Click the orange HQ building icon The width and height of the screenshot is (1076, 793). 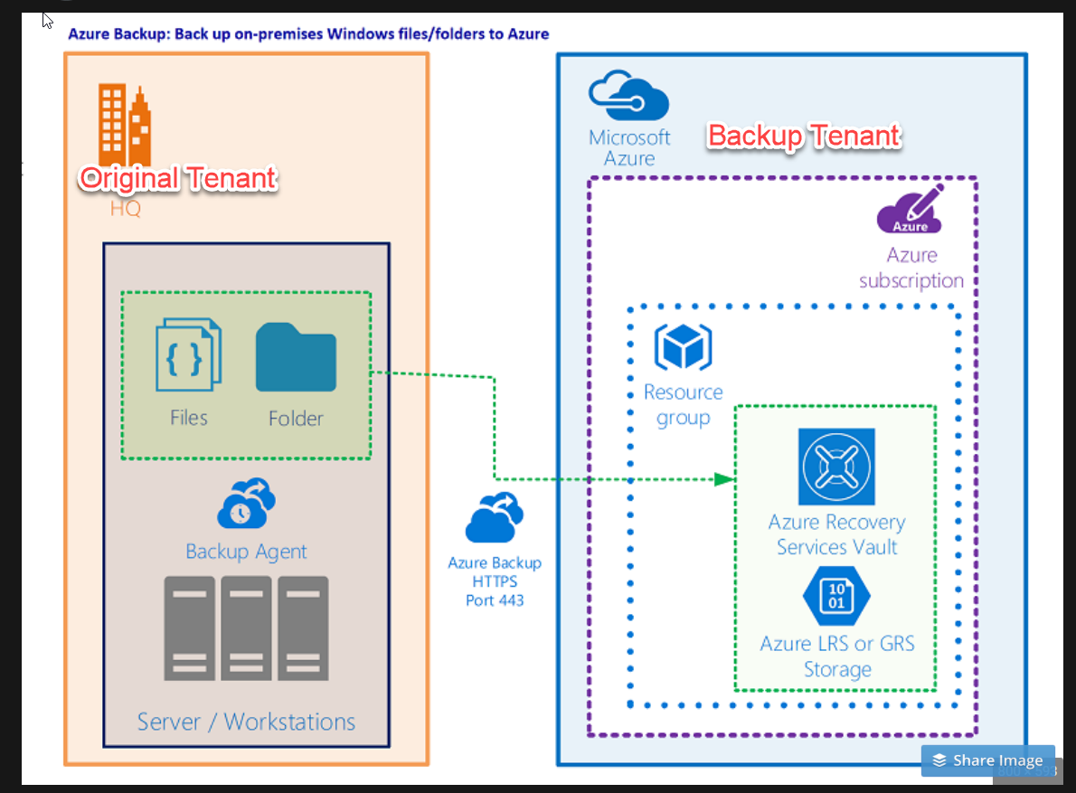click(x=125, y=123)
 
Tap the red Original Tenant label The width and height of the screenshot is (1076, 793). click(x=177, y=178)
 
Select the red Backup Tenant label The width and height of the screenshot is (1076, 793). click(x=804, y=136)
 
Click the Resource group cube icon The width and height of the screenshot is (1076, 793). click(x=683, y=347)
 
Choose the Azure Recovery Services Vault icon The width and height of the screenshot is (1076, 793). click(x=836, y=466)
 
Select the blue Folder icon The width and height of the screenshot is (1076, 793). click(x=296, y=358)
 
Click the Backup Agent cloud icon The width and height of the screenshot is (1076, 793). click(x=246, y=505)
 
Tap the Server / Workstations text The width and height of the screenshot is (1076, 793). click(x=246, y=722)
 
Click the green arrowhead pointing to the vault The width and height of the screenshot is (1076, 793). click(x=723, y=479)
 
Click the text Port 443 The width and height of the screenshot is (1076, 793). click(x=495, y=600)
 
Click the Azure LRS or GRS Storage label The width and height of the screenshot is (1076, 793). click(x=837, y=656)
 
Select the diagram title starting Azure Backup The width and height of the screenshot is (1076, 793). click(x=308, y=34)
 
